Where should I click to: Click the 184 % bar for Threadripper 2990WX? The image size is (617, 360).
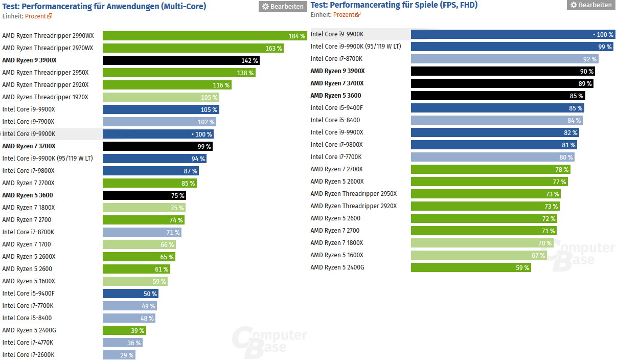pyautogui.click(x=204, y=36)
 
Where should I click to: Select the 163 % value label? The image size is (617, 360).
pyautogui.click(x=273, y=48)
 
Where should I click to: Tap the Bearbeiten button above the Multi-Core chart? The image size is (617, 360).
pyautogui.click(x=283, y=6)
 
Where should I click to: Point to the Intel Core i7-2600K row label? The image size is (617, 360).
pyautogui.click(x=28, y=355)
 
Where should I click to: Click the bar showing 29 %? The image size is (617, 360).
pyautogui.click(x=119, y=355)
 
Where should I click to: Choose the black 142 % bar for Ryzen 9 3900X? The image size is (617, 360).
pyautogui.click(x=181, y=60)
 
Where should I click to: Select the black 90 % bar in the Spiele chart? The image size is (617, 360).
pyautogui.click(x=502, y=71)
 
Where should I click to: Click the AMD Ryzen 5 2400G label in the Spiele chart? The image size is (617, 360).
pyautogui.click(x=337, y=267)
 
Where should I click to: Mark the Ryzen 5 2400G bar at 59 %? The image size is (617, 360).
pyautogui.click(x=470, y=267)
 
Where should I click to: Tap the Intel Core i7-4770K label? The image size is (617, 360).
pyautogui.click(x=28, y=343)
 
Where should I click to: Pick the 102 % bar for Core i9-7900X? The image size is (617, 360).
pyautogui.click(x=159, y=122)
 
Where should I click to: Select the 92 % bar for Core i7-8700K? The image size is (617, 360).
pyautogui.click(x=504, y=59)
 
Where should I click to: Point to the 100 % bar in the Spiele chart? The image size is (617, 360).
pyautogui.click(x=513, y=34)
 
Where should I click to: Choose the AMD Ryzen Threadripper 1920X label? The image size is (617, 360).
pyautogui.click(x=45, y=97)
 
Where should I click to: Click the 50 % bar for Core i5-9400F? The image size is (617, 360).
pyautogui.click(x=130, y=294)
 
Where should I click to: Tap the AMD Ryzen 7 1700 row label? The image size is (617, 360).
pyautogui.click(x=27, y=244)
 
